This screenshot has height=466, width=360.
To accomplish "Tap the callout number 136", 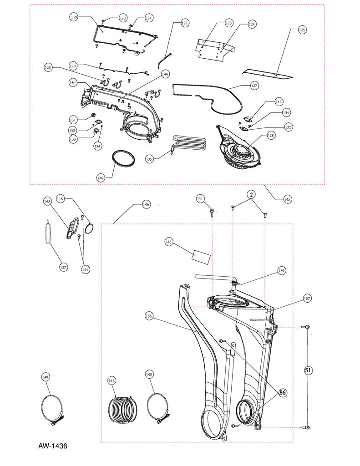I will [x=101, y=177].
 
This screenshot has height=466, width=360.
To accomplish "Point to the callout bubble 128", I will [x=271, y=135].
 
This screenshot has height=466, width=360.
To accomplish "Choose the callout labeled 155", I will [x=149, y=315].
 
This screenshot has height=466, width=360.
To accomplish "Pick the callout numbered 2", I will [x=250, y=194].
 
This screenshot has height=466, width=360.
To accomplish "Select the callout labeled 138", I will [x=169, y=243].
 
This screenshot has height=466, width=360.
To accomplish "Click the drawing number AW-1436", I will [x=52, y=446].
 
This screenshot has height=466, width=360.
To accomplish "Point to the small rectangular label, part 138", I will [x=200, y=256].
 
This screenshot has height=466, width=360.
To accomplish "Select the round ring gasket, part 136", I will [x=124, y=159].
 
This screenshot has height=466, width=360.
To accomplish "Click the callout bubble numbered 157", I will [x=307, y=299].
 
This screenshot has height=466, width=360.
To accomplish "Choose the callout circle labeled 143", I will [x=47, y=201].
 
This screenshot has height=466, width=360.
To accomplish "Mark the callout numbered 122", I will [x=184, y=22].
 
